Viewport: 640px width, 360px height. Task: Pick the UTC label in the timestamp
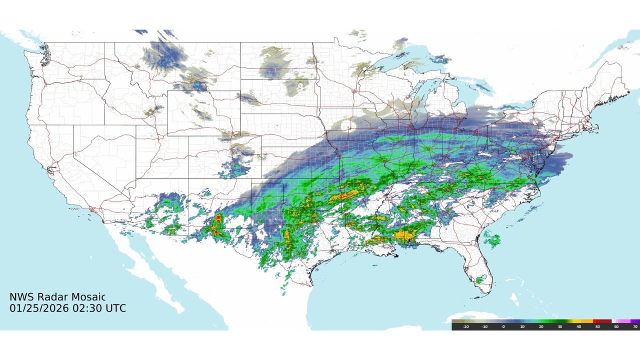pyautogui.click(x=115, y=308)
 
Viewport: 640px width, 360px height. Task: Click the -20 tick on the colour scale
pyautogui.click(x=465, y=326)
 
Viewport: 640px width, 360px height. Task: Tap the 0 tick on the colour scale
pyautogui.click(x=503, y=326)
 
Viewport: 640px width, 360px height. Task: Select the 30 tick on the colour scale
pyautogui.click(x=560, y=326)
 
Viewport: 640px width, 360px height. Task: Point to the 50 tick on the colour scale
pyautogui.click(x=597, y=326)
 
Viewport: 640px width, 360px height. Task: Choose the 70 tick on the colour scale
pyautogui.click(x=635, y=326)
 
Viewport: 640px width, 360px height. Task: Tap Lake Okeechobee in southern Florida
pyautogui.click(x=482, y=277)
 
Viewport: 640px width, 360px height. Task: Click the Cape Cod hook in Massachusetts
pyautogui.click(x=595, y=124)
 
